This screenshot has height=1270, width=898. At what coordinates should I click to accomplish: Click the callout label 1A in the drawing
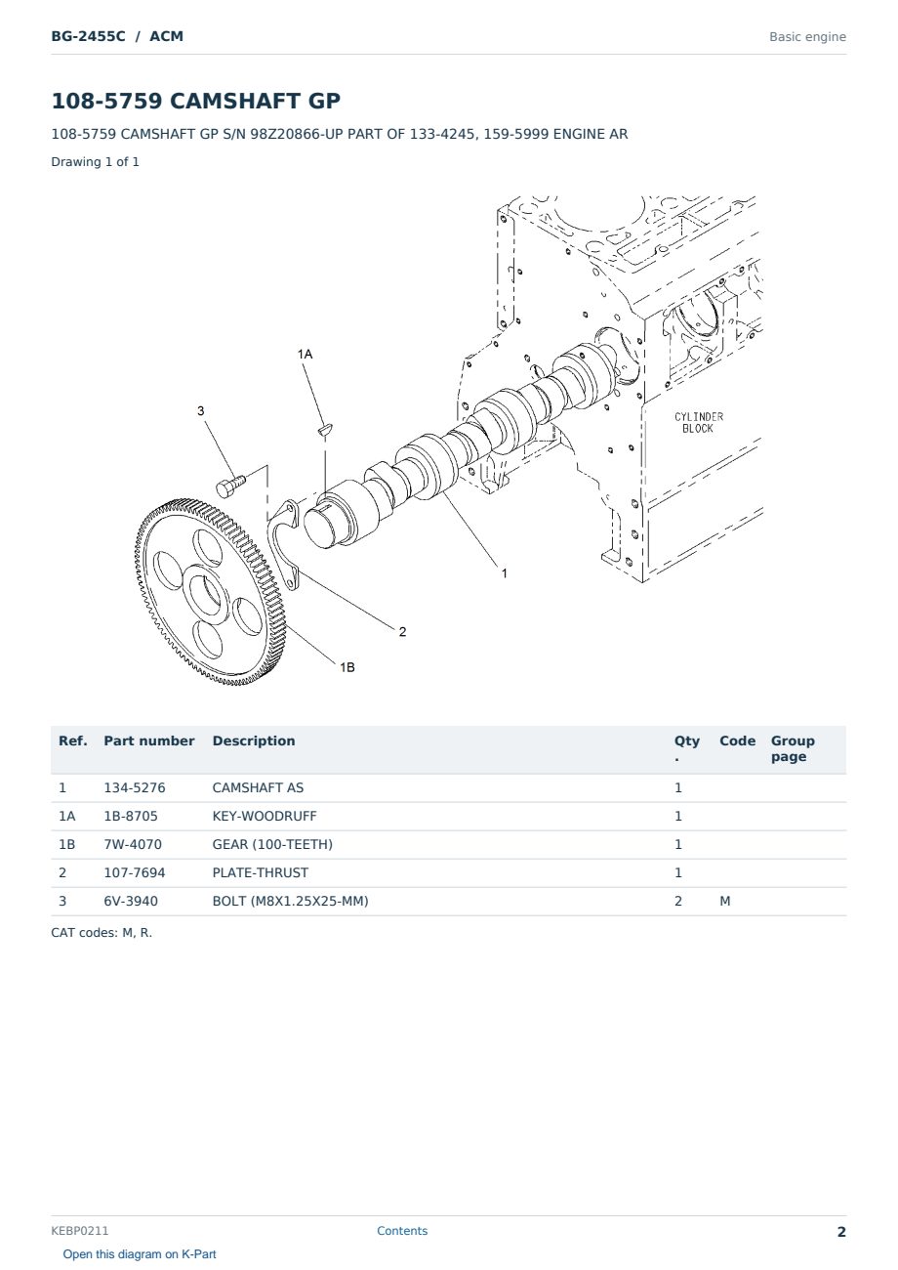305,355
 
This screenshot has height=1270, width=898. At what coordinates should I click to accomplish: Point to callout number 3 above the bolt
200,410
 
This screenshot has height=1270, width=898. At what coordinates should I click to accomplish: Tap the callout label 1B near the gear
347,667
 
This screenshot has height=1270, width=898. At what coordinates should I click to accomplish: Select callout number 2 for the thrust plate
402,632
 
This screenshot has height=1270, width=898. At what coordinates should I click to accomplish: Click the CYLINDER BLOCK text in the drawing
699,423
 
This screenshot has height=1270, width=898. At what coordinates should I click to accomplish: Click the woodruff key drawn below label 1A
325,430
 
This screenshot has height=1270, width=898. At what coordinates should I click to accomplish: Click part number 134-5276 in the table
135,787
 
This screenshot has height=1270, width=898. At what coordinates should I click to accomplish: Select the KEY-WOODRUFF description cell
265,816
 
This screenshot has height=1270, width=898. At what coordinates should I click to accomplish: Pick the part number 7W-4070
133,844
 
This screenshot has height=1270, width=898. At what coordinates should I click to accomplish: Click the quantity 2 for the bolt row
678,901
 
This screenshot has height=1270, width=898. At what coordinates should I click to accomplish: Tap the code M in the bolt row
724,901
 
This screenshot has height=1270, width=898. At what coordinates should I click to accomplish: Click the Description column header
254,741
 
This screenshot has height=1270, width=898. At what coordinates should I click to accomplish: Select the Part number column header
149,741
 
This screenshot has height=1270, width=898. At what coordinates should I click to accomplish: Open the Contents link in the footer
402,1231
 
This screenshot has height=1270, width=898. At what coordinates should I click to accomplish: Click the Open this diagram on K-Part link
140,1254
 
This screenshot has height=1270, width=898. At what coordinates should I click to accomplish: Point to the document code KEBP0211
80,1231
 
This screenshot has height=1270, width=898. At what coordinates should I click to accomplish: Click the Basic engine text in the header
807,37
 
